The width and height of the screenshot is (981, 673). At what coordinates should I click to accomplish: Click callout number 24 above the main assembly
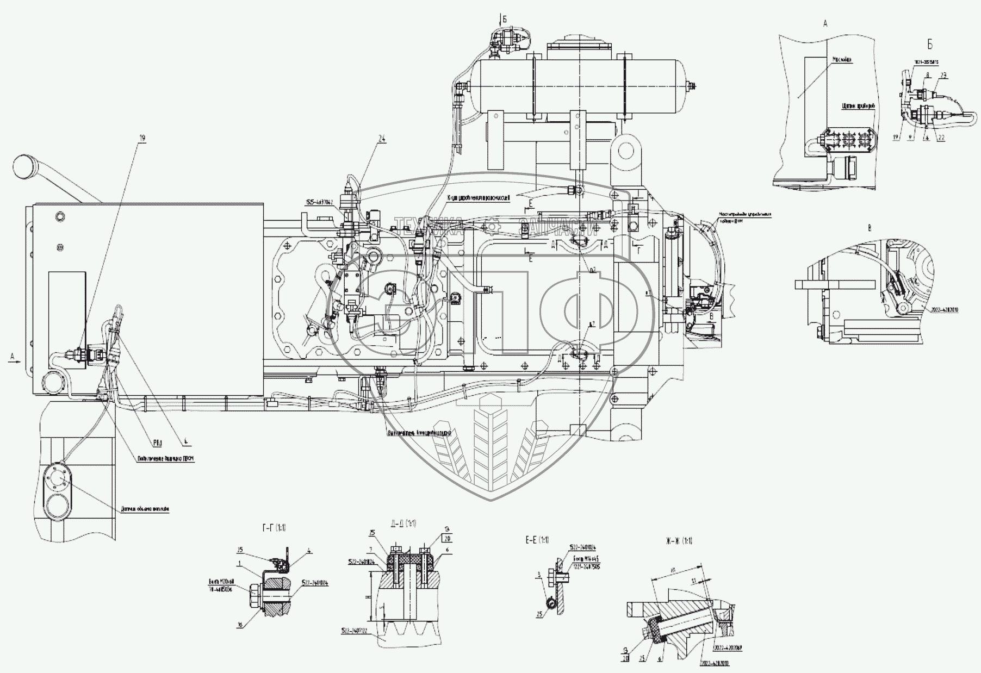(x=382, y=139)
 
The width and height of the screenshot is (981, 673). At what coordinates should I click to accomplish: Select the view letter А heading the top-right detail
(x=825, y=23)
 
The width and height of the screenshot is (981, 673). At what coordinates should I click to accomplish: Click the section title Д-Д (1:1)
(x=402, y=524)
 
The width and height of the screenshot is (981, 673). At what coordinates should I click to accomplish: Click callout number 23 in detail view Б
(x=944, y=77)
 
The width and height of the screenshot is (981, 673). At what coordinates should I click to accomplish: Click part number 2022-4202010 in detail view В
(x=943, y=309)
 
